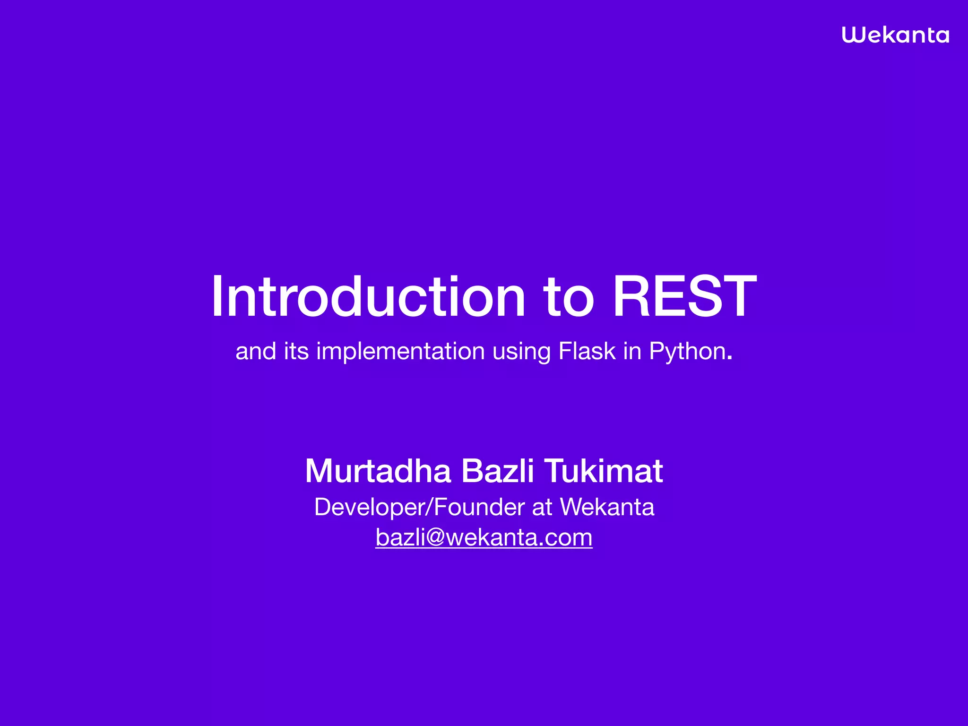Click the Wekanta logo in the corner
click(895, 35)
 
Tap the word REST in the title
click(684, 297)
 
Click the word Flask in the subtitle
click(587, 351)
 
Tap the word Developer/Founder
click(419, 507)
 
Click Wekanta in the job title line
click(607, 507)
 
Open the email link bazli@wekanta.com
click(484, 537)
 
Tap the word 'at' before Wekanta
click(542, 508)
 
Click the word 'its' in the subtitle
click(296, 351)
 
